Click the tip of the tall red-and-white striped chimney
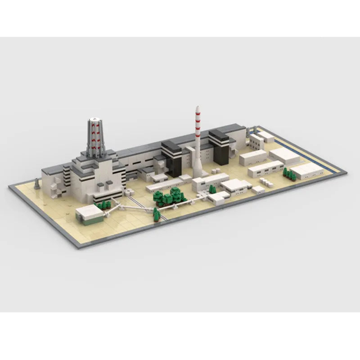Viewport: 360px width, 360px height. click(x=197, y=107)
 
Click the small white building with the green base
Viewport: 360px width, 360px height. click(x=87, y=213)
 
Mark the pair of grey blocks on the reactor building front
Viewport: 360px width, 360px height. click(x=105, y=184)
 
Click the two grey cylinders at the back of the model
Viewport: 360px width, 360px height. click(x=252, y=128)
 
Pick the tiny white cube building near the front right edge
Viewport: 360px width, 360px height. click(x=258, y=189)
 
